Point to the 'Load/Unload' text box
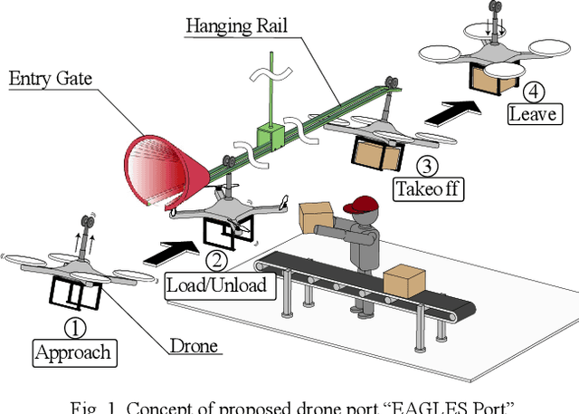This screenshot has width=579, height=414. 216,284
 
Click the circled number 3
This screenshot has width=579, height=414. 427,166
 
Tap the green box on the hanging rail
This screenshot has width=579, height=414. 271,137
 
